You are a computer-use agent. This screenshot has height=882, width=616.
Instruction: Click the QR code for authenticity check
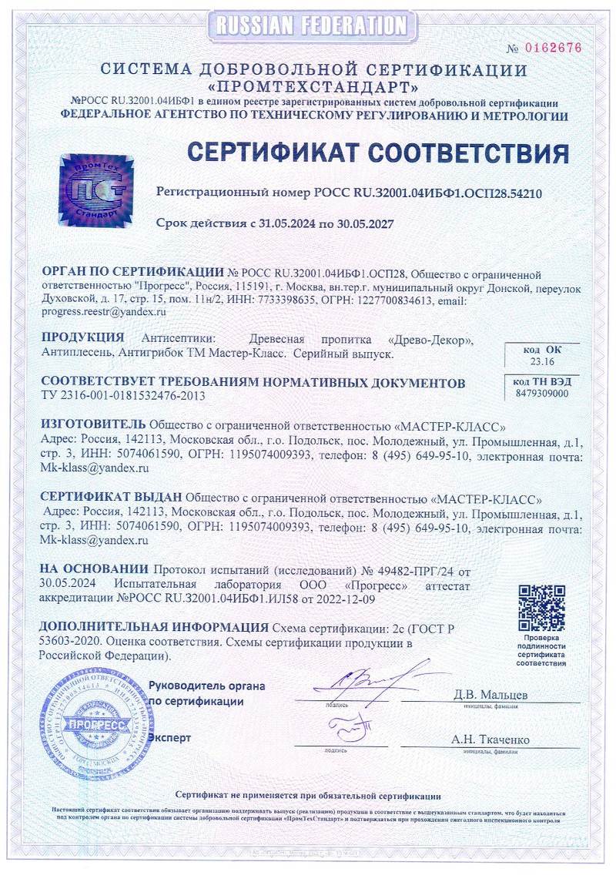pos(541,608)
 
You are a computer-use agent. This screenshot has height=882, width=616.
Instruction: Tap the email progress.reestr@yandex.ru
pos(103,312)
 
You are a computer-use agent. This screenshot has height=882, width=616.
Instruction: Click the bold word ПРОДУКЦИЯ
pos(83,338)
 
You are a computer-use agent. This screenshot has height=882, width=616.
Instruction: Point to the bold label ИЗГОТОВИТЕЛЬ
pos(92,424)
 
